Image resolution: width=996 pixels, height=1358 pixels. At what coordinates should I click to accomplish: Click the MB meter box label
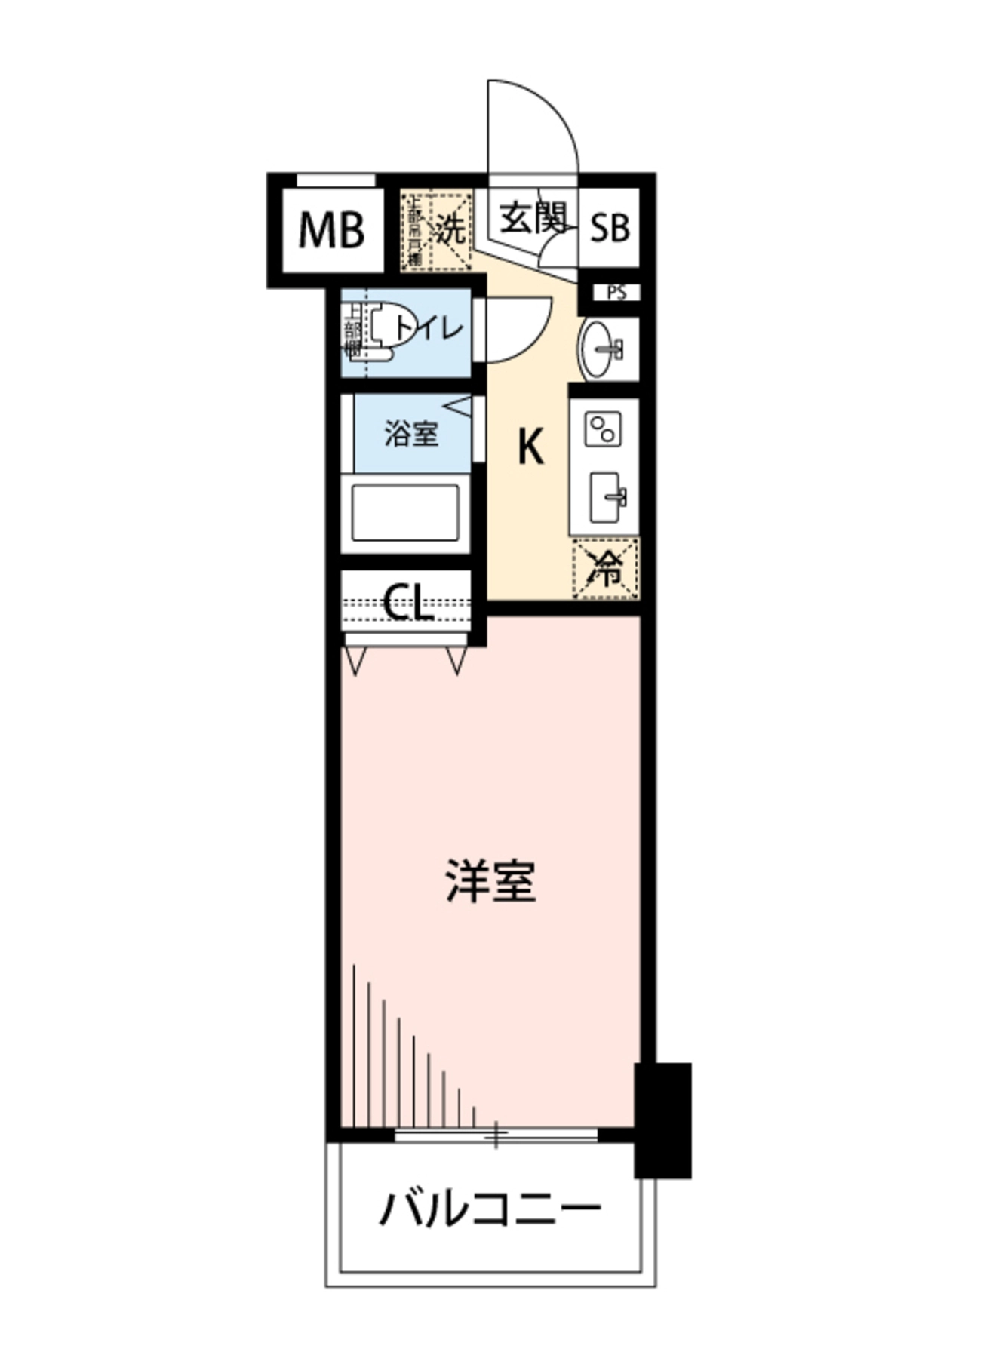(x=331, y=230)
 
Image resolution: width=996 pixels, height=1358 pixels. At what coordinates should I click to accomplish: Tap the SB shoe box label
(x=609, y=227)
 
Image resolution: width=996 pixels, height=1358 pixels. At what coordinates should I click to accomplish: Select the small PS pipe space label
(x=616, y=293)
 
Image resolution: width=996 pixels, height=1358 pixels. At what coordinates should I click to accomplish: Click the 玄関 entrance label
(x=533, y=219)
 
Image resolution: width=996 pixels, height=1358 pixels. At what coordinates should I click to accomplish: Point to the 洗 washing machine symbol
(x=450, y=229)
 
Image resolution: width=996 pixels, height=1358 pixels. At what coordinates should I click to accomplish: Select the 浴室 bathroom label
(x=411, y=434)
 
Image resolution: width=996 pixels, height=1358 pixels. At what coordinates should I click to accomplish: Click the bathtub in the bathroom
(x=405, y=513)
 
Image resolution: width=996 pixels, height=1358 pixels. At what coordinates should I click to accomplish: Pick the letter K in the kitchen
(x=530, y=447)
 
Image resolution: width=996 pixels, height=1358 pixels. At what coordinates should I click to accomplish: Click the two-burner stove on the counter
(x=603, y=429)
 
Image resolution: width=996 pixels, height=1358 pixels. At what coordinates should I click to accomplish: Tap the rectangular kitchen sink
(x=605, y=497)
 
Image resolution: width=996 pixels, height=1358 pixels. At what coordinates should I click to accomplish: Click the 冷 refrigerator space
(x=606, y=569)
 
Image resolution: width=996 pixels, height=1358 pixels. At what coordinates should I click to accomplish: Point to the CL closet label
(x=408, y=602)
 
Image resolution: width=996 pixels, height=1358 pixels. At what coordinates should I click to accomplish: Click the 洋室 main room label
(x=490, y=880)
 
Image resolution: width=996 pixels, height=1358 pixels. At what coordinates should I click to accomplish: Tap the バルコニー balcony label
(x=490, y=1209)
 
